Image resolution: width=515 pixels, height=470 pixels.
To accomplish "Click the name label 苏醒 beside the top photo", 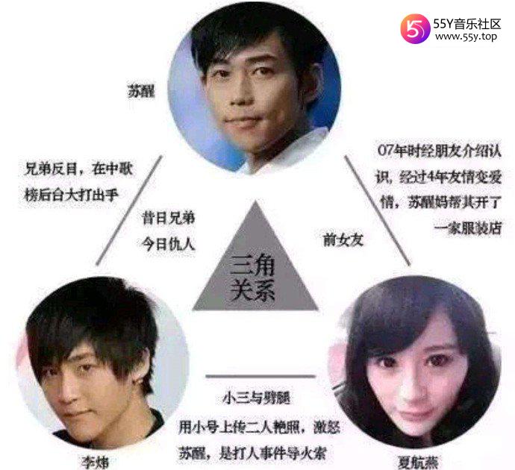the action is [141, 91].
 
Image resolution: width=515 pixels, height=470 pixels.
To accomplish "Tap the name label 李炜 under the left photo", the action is [95, 463].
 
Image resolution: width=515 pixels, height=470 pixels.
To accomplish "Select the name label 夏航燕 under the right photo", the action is [418, 463].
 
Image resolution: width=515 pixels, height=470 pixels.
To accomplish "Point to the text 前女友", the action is [343, 239].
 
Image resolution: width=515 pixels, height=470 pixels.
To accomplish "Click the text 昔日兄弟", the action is [169, 219].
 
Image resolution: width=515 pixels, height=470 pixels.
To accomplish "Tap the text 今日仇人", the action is [169, 244].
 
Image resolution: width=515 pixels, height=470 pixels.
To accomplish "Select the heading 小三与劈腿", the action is [257, 398].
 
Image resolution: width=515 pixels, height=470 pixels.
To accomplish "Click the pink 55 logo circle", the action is [415, 28].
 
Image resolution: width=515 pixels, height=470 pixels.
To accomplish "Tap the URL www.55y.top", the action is [466, 37].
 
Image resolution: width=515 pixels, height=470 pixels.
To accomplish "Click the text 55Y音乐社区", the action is [467, 24].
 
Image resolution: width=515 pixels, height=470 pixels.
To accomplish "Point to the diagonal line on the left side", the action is [129, 210].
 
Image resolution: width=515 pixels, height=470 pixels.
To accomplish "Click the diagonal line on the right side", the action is [378, 210].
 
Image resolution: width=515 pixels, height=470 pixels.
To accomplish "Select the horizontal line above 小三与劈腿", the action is [260, 376].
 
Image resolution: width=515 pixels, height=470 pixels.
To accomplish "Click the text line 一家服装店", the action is [469, 228].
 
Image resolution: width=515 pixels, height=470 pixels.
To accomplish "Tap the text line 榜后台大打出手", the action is [71, 195].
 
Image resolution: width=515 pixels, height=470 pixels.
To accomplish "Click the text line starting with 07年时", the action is [440, 151].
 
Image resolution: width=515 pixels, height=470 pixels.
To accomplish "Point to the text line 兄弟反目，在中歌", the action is [78, 169].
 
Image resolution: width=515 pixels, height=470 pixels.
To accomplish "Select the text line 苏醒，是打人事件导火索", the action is [252, 454].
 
